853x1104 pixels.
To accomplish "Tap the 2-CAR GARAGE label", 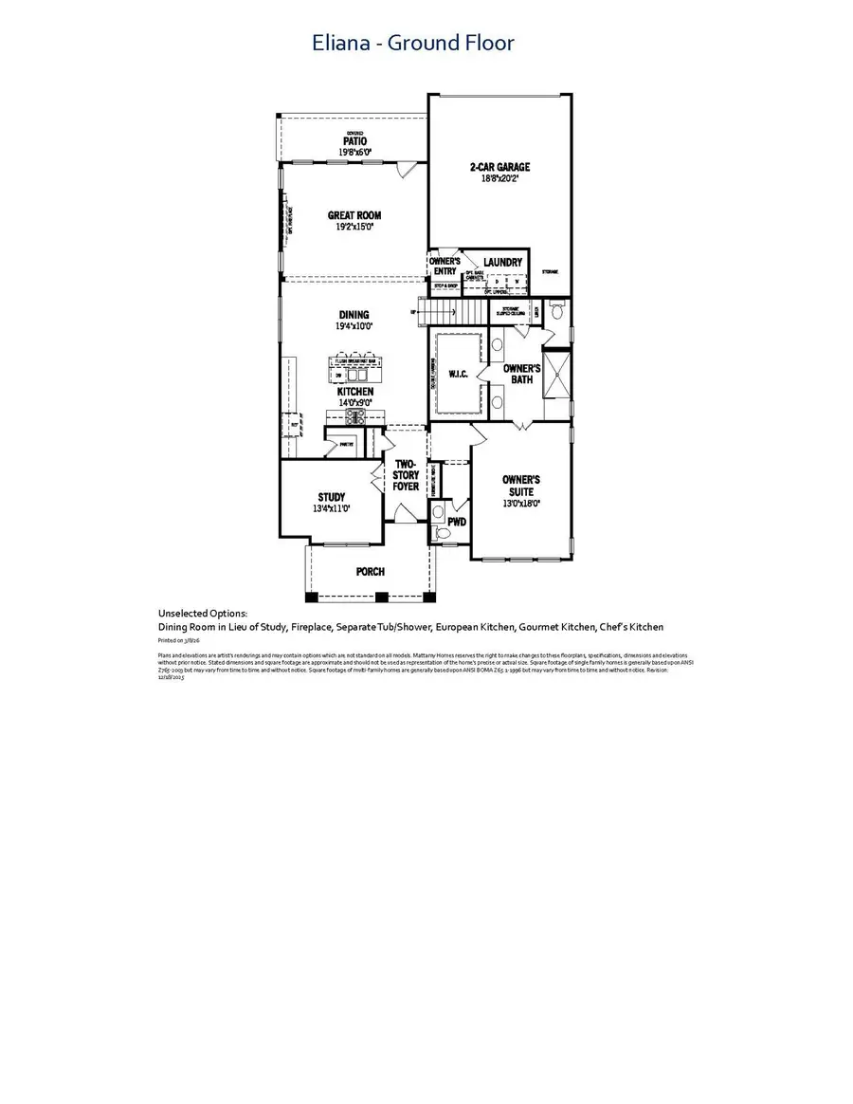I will (x=499, y=167).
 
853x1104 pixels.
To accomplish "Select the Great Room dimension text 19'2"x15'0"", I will (x=354, y=228).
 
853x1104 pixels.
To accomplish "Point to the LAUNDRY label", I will (x=502, y=262).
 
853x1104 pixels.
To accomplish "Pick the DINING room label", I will (x=354, y=315).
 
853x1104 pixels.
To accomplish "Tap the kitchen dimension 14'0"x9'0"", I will (x=354, y=402).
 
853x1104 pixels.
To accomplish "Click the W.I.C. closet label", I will (x=457, y=373).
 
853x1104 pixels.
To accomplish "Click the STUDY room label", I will (x=332, y=497).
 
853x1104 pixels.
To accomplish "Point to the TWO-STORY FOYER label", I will (x=406, y=475).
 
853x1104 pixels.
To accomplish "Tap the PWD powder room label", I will (x=458, y=522).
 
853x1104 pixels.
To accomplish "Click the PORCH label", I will (x=370, y=572).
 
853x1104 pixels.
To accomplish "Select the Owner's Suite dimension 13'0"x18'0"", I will (x=521, y=505).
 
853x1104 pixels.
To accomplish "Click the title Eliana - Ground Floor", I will (x=413, y=43).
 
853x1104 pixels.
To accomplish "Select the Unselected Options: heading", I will (x=202, y=615).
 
